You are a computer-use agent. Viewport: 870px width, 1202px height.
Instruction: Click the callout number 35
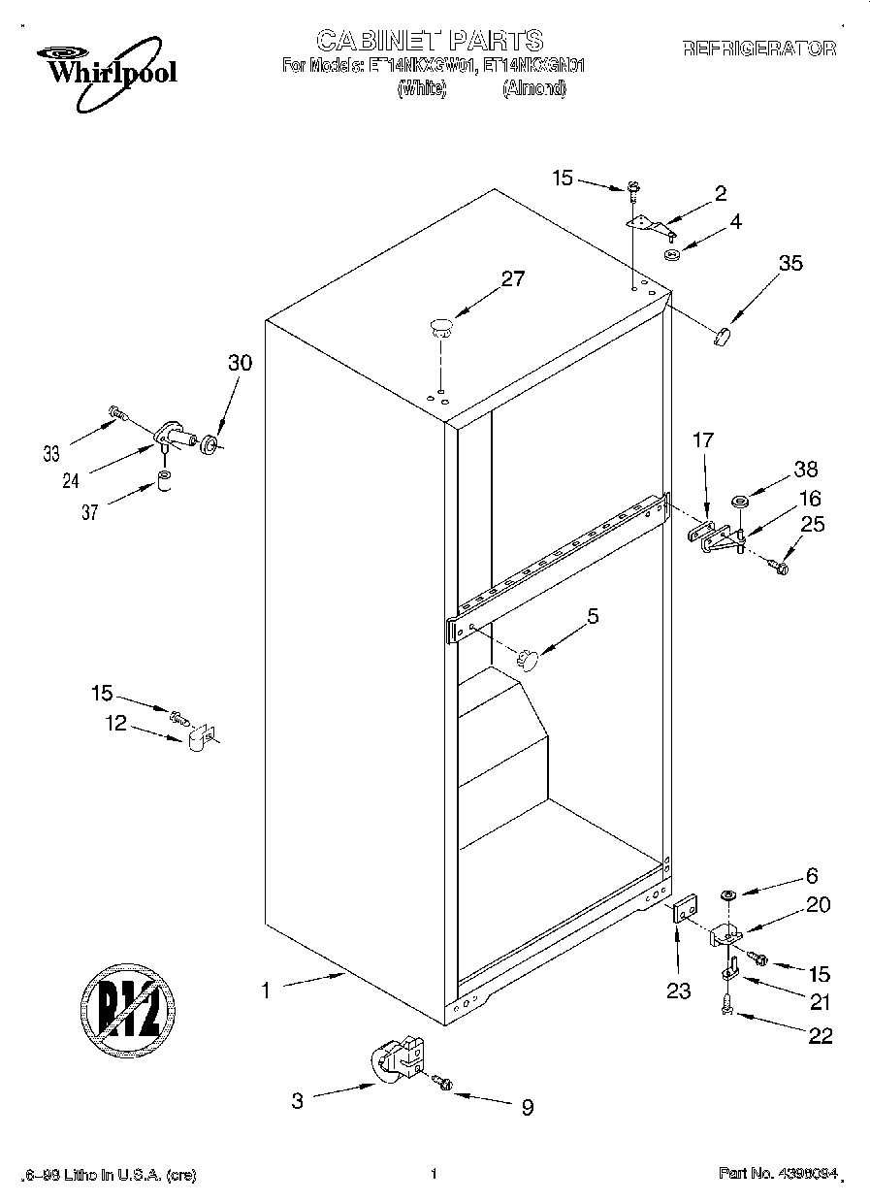790,262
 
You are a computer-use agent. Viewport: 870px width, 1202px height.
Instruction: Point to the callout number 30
240,363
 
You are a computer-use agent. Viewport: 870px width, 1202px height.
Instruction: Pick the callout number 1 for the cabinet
263,991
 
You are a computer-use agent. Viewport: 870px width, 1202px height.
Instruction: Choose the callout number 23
678,991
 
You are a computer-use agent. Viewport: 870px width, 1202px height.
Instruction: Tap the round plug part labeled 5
529,658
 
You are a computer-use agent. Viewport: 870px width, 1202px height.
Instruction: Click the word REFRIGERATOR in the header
759,48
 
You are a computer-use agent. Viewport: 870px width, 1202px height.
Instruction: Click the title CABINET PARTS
430,40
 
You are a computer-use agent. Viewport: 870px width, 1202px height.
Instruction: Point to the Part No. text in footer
776,1174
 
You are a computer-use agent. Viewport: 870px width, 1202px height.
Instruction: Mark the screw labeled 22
727,1010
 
